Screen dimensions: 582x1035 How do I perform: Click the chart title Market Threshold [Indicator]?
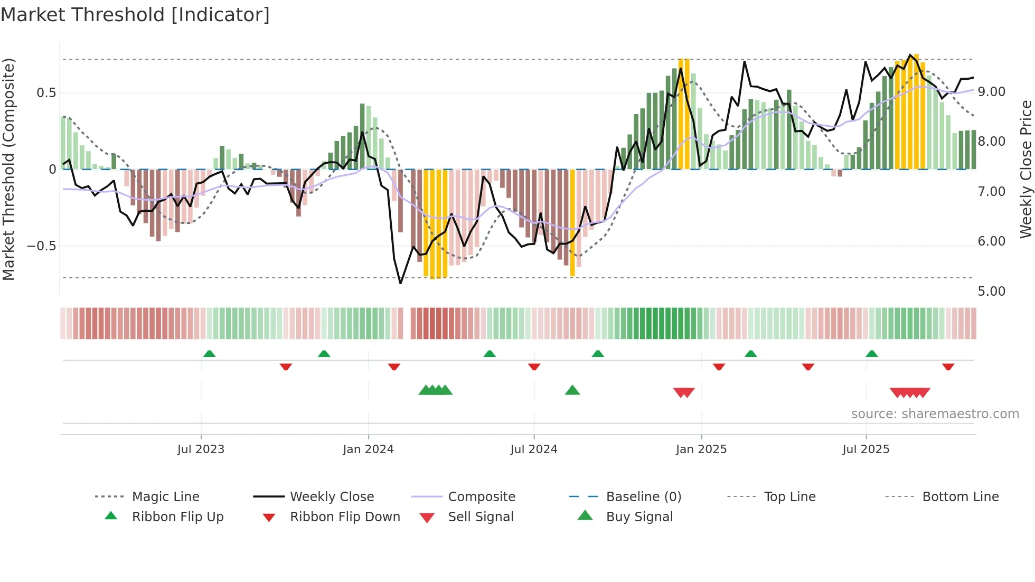(135, 15)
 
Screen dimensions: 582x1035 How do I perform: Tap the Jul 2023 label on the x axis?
(201, 449)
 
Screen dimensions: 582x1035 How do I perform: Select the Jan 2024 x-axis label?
(368, 449)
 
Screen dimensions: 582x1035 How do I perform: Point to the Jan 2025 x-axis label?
(701, 449)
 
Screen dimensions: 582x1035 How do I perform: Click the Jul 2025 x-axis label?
(866, 449)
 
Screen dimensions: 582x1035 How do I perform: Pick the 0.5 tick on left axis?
(46, 93)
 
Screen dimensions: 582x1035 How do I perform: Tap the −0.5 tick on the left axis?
(42, 246)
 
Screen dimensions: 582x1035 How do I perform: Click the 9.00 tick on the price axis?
(991, 92)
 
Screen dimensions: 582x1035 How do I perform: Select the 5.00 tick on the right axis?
(991, 292)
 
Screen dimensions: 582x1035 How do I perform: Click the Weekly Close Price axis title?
(1025, 169)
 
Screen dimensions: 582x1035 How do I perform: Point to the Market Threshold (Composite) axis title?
(8, 169)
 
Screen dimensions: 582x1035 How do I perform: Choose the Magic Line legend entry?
(165, 497)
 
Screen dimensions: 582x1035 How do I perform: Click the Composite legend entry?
(481, 497)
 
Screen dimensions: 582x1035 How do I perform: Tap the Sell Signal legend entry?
(480, 517)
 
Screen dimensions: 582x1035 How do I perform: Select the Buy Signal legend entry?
(639, 517)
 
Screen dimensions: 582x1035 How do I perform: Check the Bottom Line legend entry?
(960, 497)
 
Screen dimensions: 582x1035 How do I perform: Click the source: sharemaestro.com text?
(935, 414)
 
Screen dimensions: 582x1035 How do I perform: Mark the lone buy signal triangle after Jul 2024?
(572, 390)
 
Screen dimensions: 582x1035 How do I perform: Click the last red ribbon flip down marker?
(948, 367)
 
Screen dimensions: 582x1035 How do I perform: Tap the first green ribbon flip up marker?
(209, 353)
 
